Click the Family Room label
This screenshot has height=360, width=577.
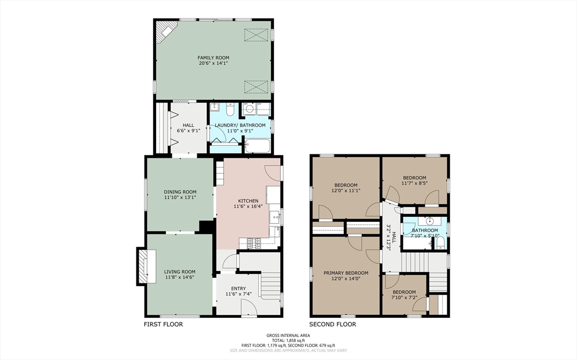214,58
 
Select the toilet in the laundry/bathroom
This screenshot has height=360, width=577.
230,109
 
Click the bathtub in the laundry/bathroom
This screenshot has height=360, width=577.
258,146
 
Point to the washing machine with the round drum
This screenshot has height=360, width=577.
250,109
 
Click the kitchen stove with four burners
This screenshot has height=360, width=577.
254,243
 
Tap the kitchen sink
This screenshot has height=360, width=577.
274,217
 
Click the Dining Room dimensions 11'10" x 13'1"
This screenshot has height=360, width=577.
180,197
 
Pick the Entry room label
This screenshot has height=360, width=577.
238,288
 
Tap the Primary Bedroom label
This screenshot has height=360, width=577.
346,273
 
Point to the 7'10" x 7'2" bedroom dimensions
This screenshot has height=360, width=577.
404,297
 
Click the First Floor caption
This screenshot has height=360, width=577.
163,325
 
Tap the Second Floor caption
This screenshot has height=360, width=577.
332,325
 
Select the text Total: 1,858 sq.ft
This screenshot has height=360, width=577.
288,340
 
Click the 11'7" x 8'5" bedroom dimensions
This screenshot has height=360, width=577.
414,183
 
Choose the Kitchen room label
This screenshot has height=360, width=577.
248,201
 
